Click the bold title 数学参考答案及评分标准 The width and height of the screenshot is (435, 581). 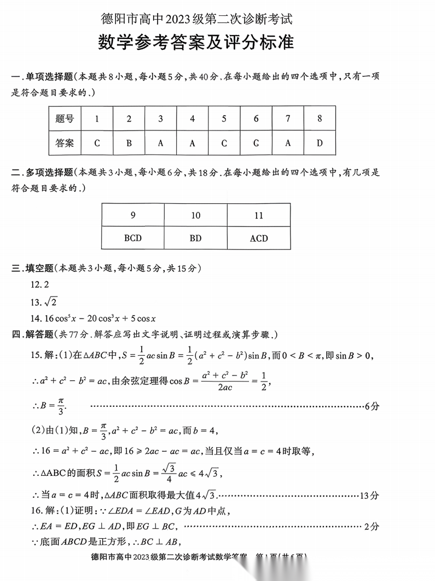[196, 43]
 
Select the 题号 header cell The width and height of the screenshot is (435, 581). [65, 118]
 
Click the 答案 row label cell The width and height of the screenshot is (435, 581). [65, 144]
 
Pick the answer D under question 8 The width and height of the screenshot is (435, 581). [320, 144]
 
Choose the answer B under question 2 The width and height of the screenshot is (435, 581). [129, 144]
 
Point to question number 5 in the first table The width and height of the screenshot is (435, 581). [224, 118]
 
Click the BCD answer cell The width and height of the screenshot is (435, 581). [133, 238]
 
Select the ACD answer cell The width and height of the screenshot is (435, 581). [259, 238]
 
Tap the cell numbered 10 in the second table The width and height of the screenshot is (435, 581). [196, 215]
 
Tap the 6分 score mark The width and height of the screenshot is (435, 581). [372, 407]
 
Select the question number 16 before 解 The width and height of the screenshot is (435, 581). [36, 511]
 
